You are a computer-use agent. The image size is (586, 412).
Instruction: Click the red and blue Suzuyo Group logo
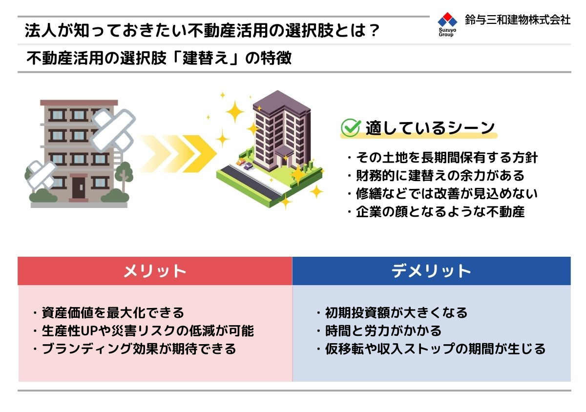pos(447,24)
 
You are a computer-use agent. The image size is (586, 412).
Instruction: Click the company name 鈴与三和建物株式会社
pos(518,20)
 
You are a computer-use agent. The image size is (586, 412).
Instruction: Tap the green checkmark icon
pos(351,127)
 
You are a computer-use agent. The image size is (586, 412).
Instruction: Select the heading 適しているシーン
pos(430,128)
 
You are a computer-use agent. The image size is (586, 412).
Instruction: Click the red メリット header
pos(155,271)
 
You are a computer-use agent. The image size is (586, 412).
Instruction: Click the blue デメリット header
pos(431,271)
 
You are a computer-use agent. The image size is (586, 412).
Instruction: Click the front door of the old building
pos(78,187)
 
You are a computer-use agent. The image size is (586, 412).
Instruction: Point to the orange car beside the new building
pos(240,162)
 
